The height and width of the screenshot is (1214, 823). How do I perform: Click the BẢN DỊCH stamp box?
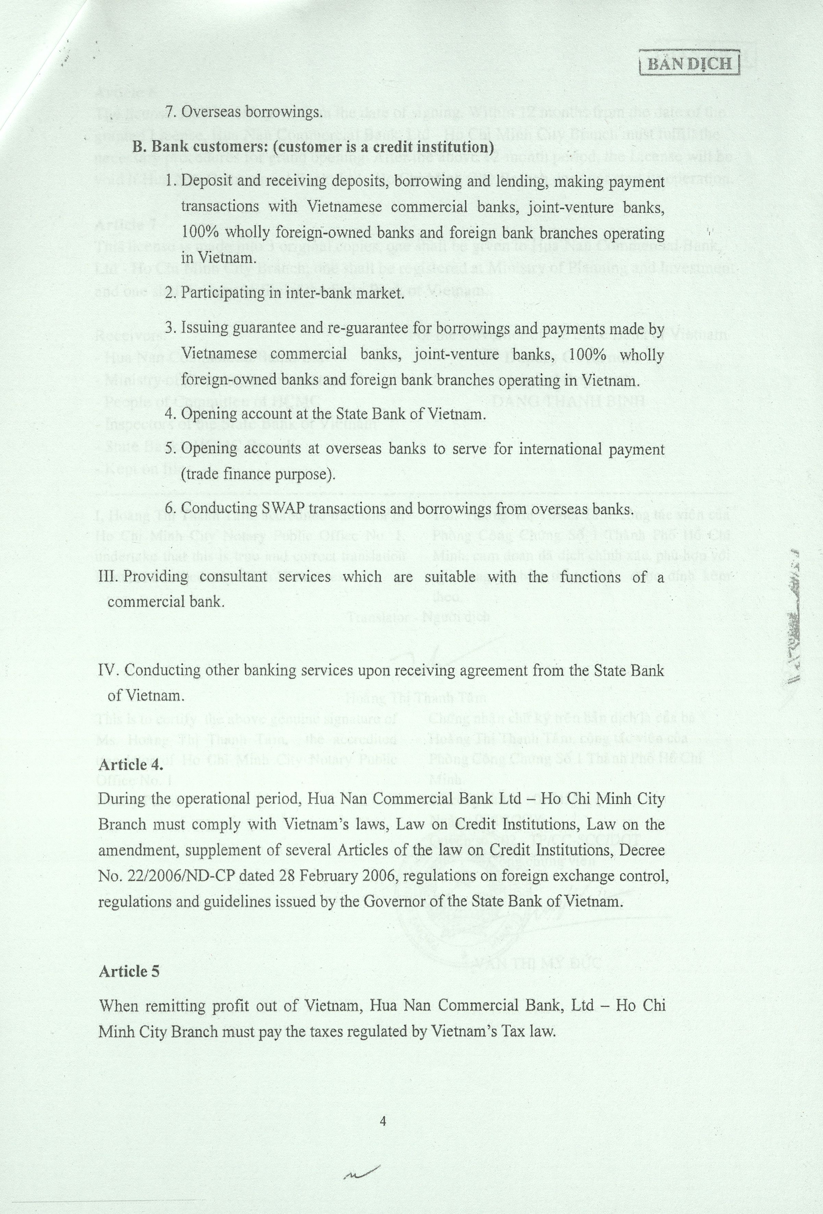[690, 64]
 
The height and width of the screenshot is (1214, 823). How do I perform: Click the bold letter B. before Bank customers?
[138, 147]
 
